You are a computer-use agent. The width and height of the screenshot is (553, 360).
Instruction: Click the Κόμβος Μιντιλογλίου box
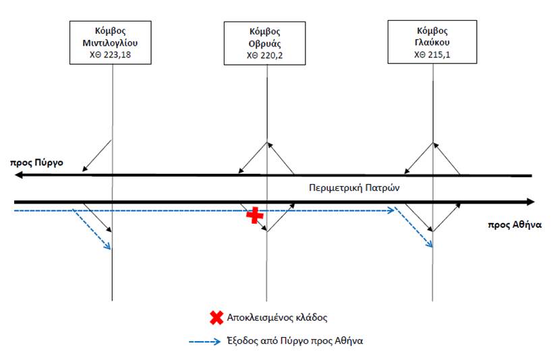[x=111, y=42]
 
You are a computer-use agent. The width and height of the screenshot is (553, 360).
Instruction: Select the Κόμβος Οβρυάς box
[x=264, y=43]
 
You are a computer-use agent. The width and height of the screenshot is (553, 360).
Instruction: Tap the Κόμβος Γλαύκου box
[x=432, y=42]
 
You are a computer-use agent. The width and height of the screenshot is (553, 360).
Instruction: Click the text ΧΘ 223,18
[x=111, y=55]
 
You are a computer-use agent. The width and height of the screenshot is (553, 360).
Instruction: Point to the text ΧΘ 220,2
[x=264, y=56]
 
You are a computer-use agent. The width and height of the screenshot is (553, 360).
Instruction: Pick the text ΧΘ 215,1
[x=432, y=55]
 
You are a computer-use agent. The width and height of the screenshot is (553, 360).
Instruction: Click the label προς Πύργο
[x=36, y=163]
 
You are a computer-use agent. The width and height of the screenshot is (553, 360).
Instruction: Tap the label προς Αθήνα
[x=515, y=225]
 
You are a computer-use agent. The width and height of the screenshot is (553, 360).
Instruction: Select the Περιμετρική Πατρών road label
[x=354, y=187]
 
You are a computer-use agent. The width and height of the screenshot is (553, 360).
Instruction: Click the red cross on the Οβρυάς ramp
[x=255, y=215]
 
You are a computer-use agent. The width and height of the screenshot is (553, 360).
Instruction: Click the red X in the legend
[x=216, y=318]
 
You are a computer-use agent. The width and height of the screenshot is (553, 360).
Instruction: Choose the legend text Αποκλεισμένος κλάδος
[x=277, y=318]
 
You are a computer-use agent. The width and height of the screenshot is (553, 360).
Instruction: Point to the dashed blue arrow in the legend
[x=204, y=341]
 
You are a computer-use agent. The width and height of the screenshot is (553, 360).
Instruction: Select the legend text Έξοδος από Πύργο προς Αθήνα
[x=295, y=341]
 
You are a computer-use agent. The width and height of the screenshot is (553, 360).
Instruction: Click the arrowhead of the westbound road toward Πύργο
[x=18, y=175]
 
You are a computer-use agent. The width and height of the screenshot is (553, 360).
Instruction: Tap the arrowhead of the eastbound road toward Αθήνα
[x=531, y=202]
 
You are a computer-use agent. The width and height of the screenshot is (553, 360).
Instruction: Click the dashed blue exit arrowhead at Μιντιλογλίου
[x=108, y=247]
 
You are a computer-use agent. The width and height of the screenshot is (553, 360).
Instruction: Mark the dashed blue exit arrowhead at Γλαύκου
[x=429, y=244]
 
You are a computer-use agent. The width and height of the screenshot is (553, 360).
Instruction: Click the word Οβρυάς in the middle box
[x=264, y=44]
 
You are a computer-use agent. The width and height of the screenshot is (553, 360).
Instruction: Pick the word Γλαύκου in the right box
[x=432, y=42]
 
